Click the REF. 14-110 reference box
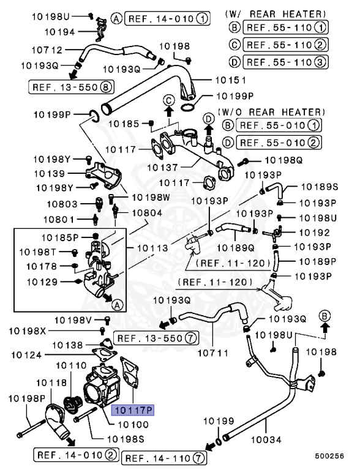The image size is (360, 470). coord(164,457)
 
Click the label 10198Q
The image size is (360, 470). coord(283,160)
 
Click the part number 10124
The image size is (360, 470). coord(26,354)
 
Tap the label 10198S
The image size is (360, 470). coord(126,439)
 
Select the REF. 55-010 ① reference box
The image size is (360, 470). coord(280,126)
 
